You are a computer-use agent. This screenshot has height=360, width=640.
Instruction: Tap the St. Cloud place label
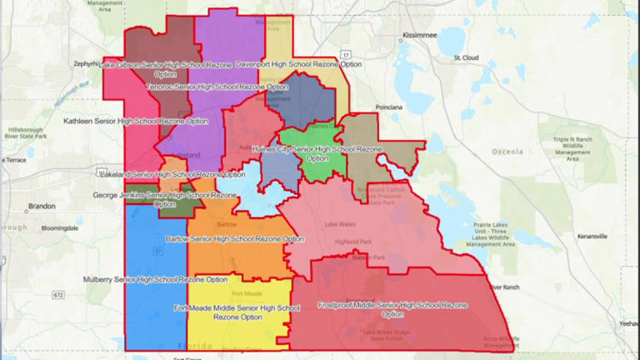(467, 58)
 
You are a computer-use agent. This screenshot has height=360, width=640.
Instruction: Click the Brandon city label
(42, 206)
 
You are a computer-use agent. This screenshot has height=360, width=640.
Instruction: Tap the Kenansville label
(591, 237)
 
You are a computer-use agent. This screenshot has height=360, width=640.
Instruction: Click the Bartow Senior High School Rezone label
(235, 239)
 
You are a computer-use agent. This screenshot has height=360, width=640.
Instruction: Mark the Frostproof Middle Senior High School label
(392, 310)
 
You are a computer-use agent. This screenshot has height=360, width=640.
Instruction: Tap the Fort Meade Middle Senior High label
(237, 312)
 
